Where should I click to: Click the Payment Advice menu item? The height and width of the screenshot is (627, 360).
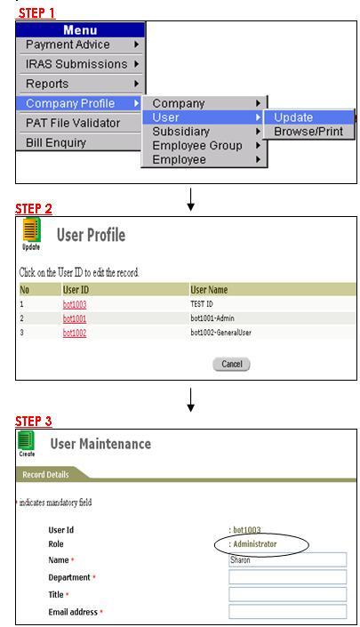[80, 44]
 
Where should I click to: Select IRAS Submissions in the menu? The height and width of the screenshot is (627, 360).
[80, 64]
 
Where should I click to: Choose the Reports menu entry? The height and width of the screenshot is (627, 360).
[80, 84]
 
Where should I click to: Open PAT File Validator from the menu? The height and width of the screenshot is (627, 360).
[80, 123]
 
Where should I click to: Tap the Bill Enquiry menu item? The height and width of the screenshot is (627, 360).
[80, 142]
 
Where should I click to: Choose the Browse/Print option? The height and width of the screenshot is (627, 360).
[308, 131]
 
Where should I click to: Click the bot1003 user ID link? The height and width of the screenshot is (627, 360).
[75, 304]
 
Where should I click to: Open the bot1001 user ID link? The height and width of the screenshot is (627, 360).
[75, 318]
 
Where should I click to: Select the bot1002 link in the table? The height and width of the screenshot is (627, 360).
[75, 333]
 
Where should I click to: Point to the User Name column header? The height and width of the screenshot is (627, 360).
[209, 290]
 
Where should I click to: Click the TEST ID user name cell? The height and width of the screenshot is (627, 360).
[202, 304]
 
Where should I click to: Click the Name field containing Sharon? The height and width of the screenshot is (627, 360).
[288, 559]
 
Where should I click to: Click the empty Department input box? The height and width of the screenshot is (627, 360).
[288, 577]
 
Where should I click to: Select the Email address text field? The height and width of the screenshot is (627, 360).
[288, 612]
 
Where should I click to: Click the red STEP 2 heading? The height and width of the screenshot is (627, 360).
[34, 209]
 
